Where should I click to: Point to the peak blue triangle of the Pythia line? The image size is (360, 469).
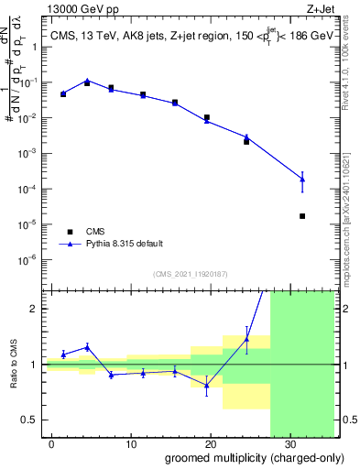coord(87,81)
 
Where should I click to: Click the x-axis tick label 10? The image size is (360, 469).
coord(131,442)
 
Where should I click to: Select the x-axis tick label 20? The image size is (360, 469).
coord(210,442)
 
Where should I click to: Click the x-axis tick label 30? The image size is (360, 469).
coord(289,442)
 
